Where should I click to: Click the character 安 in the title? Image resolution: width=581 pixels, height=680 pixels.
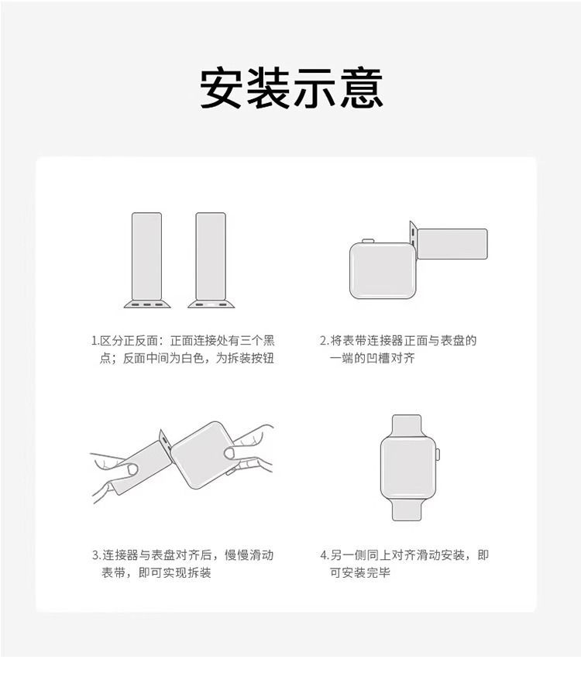click(x=221, y=88)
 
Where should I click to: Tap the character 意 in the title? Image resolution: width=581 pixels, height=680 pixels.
click(x=362, y=88)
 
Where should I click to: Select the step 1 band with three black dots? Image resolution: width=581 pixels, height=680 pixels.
click(x=147, y=259)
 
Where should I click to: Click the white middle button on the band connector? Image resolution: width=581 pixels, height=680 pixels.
click(x=211, y=305)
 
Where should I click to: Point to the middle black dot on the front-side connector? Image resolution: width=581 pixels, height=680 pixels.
click(x=147, y=305)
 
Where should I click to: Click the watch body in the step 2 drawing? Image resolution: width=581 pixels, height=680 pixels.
click(x=382, y=270)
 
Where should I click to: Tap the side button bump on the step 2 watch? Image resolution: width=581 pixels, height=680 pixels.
click(x=368, y=240)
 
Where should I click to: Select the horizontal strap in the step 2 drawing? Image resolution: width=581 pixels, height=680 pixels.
click(x=452, y=244)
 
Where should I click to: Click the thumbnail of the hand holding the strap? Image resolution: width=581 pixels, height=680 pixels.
click(x=132, y=469)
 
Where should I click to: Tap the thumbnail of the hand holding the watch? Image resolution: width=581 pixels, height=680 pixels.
click(x=229, y=453)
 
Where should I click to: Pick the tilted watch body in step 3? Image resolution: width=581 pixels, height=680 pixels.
click(x=204, y=455)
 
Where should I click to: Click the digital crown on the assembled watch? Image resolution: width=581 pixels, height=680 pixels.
click(x=438, y=455)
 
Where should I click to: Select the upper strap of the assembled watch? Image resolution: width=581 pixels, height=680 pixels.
click(x=407, y=426)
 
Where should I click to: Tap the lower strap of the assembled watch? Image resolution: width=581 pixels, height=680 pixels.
click(x=407, y=509)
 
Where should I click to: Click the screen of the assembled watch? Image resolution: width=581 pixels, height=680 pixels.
click(x=407, y=468)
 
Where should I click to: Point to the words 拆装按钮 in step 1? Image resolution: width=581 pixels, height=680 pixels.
click(x=251, y=359)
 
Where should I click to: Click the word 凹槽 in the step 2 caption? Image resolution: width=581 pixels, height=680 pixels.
click(x=378, y=359)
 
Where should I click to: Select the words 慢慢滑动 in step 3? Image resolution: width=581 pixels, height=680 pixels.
click(x=249, y=555)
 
